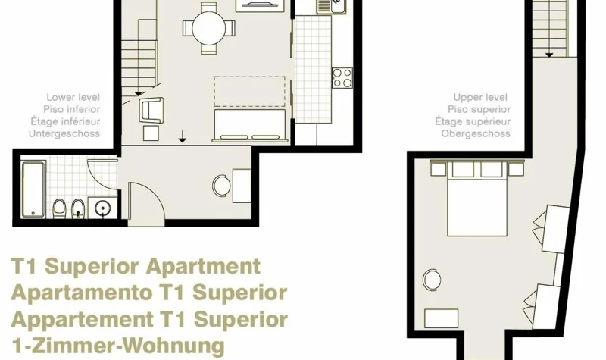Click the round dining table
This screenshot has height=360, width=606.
click(x=208, y=28)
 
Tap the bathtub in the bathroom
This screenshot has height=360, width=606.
click(x=33, y=189)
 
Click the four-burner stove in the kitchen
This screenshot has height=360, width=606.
click(x=342, y=78)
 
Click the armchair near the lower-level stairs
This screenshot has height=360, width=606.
click(x=152, y=110)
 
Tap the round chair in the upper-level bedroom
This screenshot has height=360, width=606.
click(x=432, y=280)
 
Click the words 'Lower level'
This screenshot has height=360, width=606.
click(x=73, y=98)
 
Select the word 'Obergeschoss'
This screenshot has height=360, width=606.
click(x=476, y=134)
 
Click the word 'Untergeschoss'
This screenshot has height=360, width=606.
click(x=64, y=134)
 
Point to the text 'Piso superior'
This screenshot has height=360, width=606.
click(x=479, y=109)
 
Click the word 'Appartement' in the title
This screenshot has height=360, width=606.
click(x=83, y=320)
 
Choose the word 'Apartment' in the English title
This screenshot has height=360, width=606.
click(x=203, y=267)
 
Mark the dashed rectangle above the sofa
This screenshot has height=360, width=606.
click(x=250, y=91)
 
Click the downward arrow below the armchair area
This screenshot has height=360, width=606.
click(x=182, y=136)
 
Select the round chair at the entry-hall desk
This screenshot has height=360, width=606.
click(x=222, y=186)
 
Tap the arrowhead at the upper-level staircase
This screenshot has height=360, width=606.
click(x=548, y=55)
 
